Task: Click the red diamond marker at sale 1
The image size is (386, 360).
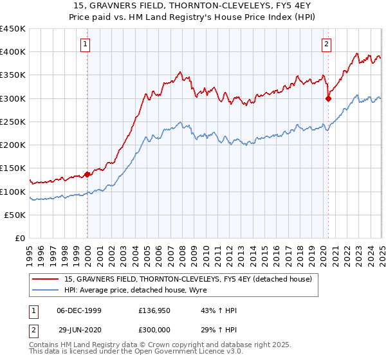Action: [87, 174]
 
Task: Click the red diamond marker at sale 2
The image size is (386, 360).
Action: [328, 98]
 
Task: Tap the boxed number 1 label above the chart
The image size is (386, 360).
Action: [86, 44]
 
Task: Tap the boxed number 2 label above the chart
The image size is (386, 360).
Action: [327, 44]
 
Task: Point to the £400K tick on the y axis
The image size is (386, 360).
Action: [13, 52]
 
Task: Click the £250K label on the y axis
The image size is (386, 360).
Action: [13, 122]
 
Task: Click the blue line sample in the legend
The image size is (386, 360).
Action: [46, 289]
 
